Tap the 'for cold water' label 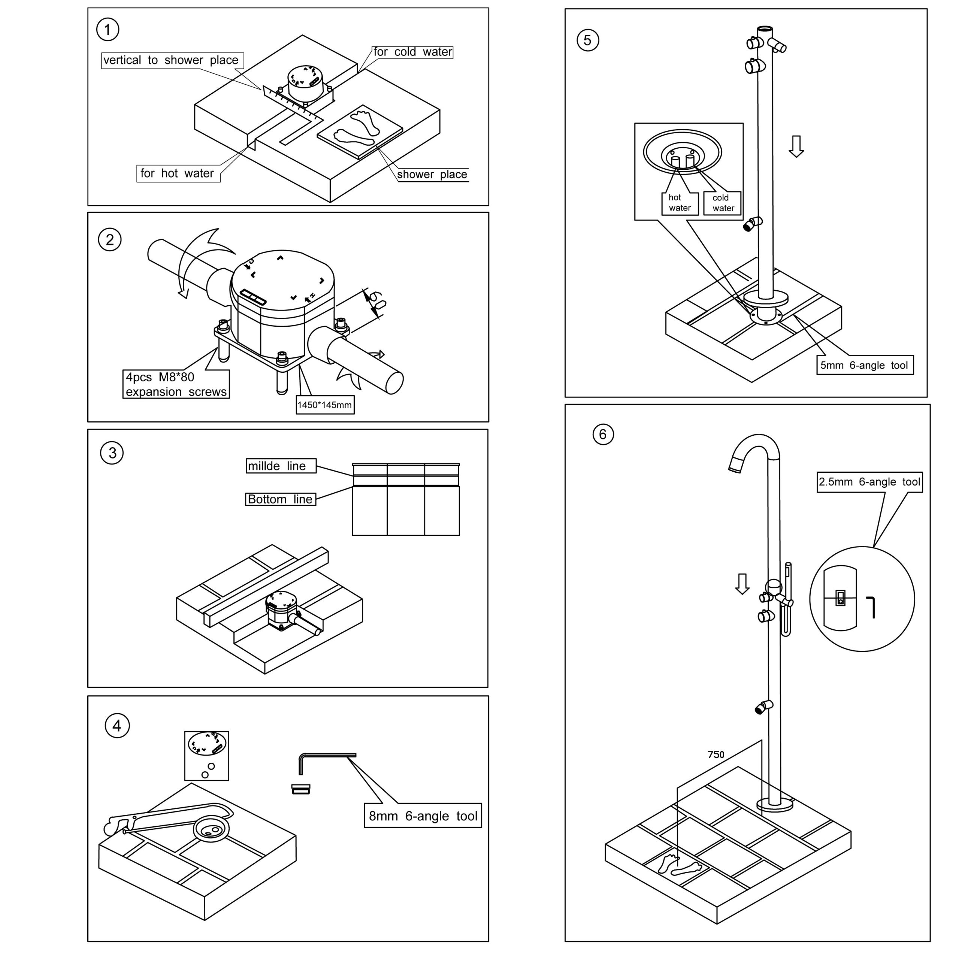(x=412, y=52)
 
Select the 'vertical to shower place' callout (x=172, y=60)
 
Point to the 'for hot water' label (x=178, y=173)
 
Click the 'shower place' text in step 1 (x=432, y=174)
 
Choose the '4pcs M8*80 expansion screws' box (x=176, y=384)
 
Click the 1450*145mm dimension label (x=325, y=405)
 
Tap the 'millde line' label (x=281, y=466)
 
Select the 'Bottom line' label (x=281, y=499)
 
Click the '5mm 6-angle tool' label (x=864, y=365)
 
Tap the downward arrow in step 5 (x=796, y=146)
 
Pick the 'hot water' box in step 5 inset (x=680, y=203)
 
